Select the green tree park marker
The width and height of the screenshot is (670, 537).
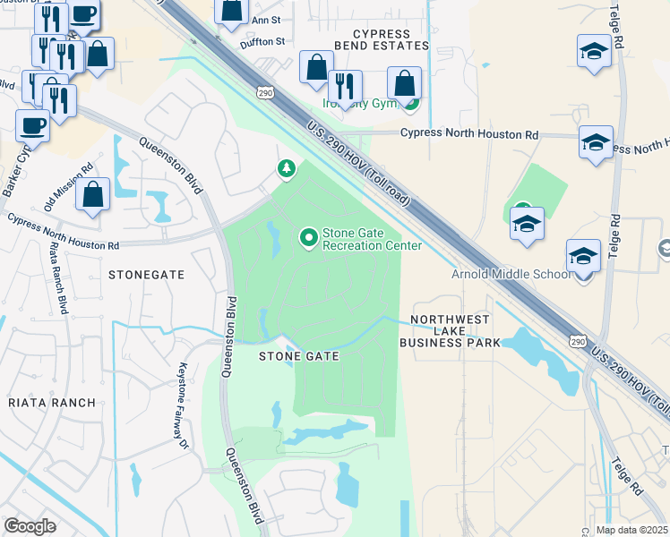click(x=287, y=168)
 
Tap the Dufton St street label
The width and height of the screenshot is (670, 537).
click(x=262, y=41)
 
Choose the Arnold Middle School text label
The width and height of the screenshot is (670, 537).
click(x=510, y=274)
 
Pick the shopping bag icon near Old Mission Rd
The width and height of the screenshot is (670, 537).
click(x=92, y=194)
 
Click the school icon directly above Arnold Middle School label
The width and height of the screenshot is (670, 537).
click(x=583, y=258)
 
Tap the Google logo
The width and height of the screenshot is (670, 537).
click(x=30, y=526)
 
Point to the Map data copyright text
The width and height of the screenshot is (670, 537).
click(x=632, y=530)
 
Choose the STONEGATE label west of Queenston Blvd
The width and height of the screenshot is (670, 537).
click(x=146, y=275)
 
